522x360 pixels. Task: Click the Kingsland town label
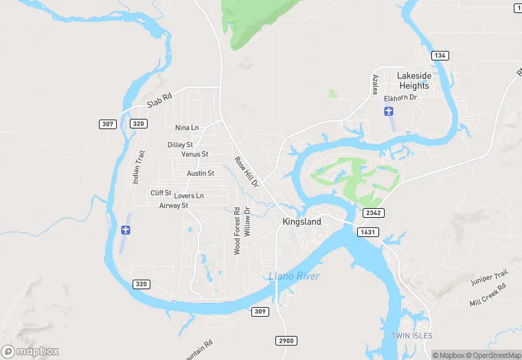click(x=302, y=222)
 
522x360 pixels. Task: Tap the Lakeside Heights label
click(x=413, y=81)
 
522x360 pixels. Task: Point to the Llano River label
click(x=293, y=276)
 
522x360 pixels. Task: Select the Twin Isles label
click(x=410, y=335)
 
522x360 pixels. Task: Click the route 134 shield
click(x=440, y=55)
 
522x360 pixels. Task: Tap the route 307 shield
click(x=106, y=124)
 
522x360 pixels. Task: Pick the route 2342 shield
click(x=374, y=213)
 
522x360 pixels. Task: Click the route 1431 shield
click(x=368, y=232)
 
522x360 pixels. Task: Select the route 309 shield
click(x=260, y=312)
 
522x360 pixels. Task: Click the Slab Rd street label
click(x=157, y=102)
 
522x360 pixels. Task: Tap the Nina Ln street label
click(x=187, y=128)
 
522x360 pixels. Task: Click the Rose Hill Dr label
click(x=246, y=172)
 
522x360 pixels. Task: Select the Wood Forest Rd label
click(x=237, y=231)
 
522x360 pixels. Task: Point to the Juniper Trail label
click(x=488, y=278)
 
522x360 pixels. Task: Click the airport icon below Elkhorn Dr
click(x=389, y=111)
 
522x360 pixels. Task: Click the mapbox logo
click(x=30, y=351)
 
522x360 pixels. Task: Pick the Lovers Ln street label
click(x=189, y=196)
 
